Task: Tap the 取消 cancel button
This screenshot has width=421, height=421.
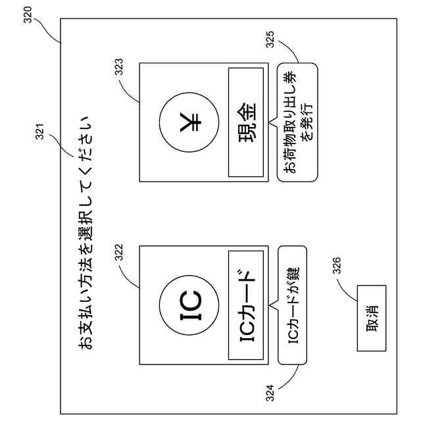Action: point(370,318)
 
